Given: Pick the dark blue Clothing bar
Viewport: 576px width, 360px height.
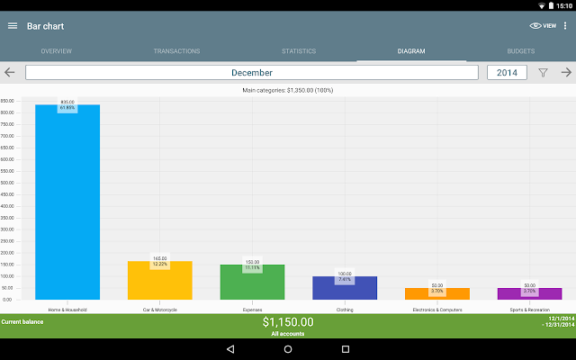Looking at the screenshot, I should pos(345,289).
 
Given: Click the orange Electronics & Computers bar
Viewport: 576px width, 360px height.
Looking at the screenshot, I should pos(437,294).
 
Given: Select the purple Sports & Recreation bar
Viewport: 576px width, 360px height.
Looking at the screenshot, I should pos(529,294).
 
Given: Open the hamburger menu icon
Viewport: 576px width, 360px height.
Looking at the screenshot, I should pos(13,25).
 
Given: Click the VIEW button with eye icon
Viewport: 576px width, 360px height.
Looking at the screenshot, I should pos(543,26).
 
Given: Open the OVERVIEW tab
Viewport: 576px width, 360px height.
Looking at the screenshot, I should pos(57,51).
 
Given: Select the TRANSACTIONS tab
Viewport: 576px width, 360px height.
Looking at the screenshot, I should pos(176,51).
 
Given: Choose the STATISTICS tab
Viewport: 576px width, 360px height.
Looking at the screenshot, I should pos(299,51).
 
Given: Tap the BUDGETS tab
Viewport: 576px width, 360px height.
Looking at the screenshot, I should pos(520,51).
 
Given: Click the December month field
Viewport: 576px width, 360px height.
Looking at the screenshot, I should pos(252,73).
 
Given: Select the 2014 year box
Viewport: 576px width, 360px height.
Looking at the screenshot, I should pos(507,73).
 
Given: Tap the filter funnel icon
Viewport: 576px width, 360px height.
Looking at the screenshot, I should pos(543,73).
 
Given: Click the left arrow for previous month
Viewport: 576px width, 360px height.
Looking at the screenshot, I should pos(10,73).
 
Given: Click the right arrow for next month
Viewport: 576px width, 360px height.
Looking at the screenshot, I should pos(566,73).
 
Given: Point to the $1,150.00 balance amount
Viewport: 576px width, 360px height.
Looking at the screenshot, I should pos(288,321).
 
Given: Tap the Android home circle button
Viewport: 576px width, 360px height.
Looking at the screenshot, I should pos(288,349).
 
